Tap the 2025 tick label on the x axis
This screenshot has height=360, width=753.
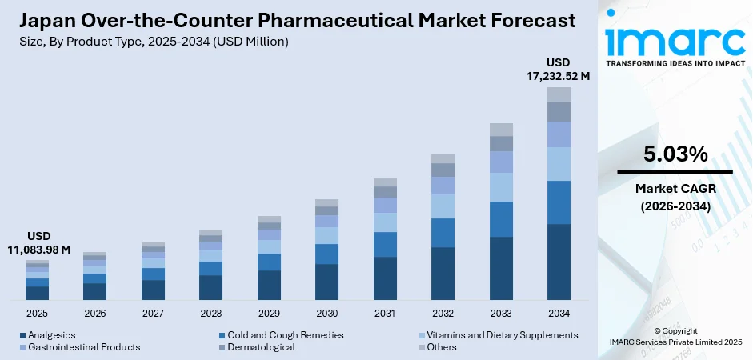click(x=37, y=313)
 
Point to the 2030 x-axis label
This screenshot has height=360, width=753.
click(x=326, y=313)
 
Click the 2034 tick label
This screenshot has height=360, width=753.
click(x=559, y=313)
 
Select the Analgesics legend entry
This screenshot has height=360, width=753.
click(x=50, y=335)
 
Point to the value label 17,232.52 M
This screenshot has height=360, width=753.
click(x=558, y=77)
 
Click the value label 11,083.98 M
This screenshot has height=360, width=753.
click(x=38, y=250)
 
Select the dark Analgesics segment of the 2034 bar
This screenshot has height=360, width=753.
click(x=559, y=262)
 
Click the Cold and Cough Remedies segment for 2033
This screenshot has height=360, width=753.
click(x=501, y=219)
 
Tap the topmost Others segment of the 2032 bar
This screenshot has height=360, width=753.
click(x=443, y=158)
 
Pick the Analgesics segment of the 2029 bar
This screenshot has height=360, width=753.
click(x=269, y=285)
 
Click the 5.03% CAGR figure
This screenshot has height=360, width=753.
click(x=675, y=154)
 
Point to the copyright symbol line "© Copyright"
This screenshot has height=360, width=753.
click(x=675, y=330)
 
